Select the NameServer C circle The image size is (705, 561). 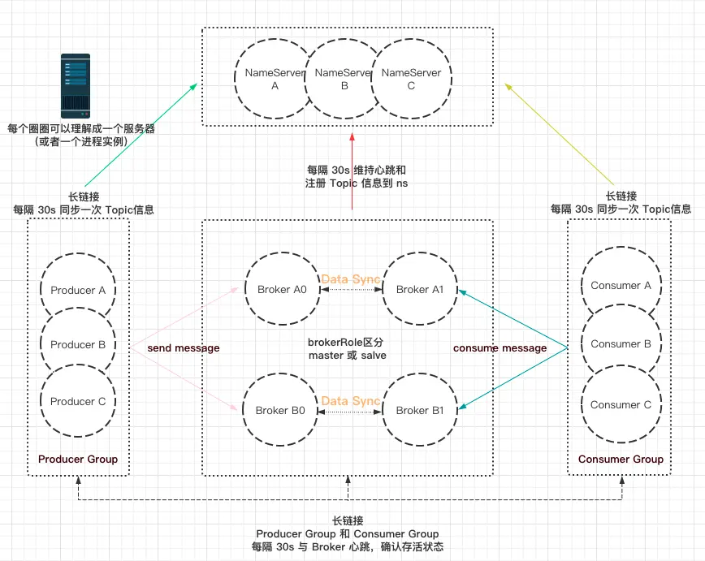pyautogui.click(x=411, y=79)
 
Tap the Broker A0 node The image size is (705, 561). pyautogui.click(x=282, y=290)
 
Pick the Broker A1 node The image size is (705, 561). pyautogui.click(x=419, y=290)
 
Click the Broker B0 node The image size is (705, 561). pyautogui.click(x=281, y=411)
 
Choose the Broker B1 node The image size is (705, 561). pyautogui.click(x=419, y=411)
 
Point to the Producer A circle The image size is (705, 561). pyautogui.click(x=78, y=290)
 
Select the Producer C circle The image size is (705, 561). pyautogui.click(x=78, y=401)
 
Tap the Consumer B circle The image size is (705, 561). pyautogui.click(x=621, y=343)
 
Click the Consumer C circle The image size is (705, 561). pyautogui.click(x=621, y=404)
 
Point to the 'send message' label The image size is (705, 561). pyautogui.click(x=184, y=348)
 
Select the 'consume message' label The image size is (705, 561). pyautogui.click(x=500, y=348)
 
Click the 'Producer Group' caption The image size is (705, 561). pyautogui.click(x=78, y=460)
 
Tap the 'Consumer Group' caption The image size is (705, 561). pyautogui.click(x=621, y=460)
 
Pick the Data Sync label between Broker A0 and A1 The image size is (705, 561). pyautogui.click(x=351, y=279)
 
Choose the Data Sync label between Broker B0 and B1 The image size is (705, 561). pyautogui.click(x=351, y=401)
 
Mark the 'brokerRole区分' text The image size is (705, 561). pyautogui.click(x=347, y=343)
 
